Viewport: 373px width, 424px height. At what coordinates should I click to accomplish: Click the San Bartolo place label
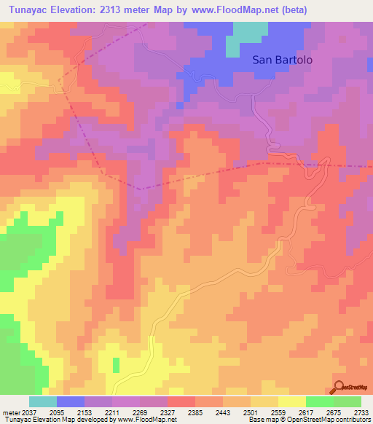click(x=283, y=60)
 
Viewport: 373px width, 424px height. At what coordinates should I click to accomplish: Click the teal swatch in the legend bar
click(x=43, y=401)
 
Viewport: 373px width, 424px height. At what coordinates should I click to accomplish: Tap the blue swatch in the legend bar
click(x=71, y=401)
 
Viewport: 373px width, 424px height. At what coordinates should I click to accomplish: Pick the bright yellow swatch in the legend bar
click(x=292, y=401)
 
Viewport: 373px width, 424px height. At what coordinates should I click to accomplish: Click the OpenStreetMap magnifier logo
click(x=339, y=388)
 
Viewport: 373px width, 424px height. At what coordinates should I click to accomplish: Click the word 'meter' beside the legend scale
click(x=9, y=412)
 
